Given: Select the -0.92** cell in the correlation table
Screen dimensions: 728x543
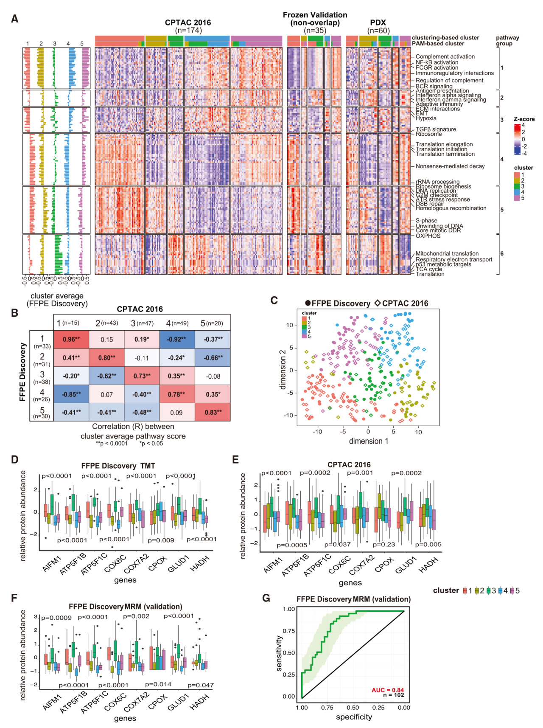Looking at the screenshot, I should tap(176, 339).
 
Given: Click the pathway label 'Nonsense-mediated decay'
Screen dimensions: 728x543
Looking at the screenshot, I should tap(450, 166).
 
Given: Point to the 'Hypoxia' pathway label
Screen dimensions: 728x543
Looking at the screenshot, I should tap(426, 118).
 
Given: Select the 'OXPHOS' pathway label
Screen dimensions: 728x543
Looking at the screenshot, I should tap(428, 236).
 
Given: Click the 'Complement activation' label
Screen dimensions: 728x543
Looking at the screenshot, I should tap(445, 56).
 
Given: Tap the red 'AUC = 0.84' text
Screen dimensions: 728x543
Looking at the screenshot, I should tap(387, 690).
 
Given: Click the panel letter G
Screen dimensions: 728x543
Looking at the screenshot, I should tap(266, 598).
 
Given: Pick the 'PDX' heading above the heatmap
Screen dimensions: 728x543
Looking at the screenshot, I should tap(378, 23).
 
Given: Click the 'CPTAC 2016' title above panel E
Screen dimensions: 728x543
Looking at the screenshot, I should tap(349, 465).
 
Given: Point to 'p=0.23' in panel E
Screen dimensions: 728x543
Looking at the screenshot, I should tap(383, 544).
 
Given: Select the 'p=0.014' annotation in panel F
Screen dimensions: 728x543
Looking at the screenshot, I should tap(158, 684).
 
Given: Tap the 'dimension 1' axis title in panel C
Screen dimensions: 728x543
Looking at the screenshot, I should tap(368, 441).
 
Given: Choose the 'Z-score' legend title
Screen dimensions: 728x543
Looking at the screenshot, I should tap(524, 119).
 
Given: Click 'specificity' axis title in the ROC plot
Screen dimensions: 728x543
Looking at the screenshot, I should tap(354, 717).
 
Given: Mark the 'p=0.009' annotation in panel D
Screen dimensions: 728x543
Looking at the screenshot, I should tap(161, 540).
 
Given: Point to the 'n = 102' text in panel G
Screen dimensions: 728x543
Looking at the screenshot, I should tap(393, 695).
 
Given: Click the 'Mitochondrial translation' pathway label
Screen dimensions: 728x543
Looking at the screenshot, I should tap(447, 253).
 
